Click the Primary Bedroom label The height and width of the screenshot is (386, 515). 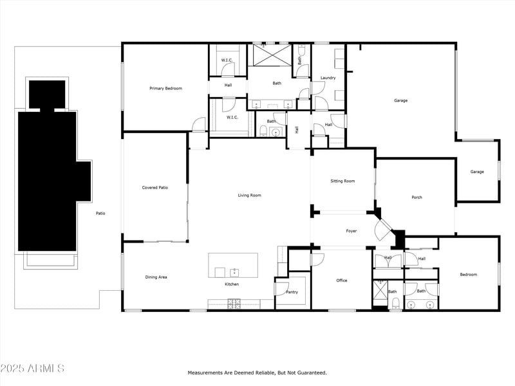coord(165,88)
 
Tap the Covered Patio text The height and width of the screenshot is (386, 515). coord(155,187)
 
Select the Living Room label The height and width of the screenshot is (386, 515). coord(250,195)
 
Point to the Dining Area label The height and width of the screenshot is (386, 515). coord(156,277)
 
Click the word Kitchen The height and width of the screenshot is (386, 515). coord(232,284)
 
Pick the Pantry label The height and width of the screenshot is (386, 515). coord(292,292)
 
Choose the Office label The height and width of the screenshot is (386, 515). coord(342,280)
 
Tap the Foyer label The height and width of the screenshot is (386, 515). coord(351,231)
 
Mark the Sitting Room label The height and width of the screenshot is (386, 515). coord(342,181)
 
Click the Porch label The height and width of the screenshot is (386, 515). coord(417,198)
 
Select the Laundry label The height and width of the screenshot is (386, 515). coord(328,78)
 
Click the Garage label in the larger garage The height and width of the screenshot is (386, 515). coord(400,100)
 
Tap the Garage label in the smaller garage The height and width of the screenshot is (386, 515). coord(477,172)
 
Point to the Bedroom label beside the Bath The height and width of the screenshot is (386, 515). coord(468,275)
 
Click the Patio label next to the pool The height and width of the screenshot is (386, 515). coord(100,213)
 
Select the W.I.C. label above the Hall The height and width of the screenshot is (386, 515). coord(227,60)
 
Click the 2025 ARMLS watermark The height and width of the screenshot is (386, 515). coord(32,369)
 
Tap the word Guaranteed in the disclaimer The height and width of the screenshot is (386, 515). coord(312,372)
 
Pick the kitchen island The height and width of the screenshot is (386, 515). coord(233,265)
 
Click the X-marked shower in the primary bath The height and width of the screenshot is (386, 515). coord(270,55)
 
